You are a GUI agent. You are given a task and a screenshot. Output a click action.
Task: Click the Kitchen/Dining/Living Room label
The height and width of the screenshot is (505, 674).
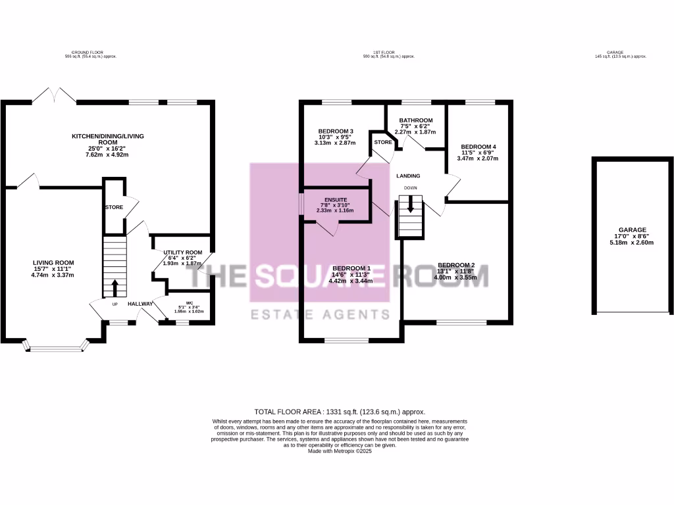(x=107, y=145)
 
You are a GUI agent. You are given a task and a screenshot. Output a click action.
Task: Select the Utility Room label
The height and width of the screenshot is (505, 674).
(x=183, y=258)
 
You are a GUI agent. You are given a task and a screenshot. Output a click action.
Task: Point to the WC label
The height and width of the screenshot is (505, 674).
(x=189, y=309)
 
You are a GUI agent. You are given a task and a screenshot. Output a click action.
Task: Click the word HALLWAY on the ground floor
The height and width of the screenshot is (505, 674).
(x=140, y=304)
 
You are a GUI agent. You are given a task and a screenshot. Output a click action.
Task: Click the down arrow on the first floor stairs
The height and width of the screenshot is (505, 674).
(x=411, y=204)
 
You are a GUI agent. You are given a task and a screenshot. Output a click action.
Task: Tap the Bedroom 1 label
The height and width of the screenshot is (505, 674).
(x=351, y=274)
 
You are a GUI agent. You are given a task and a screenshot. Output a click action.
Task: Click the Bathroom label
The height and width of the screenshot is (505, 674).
(x=415, y=126)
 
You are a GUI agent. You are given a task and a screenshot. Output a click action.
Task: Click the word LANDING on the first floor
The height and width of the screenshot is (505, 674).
(x=408, y=176)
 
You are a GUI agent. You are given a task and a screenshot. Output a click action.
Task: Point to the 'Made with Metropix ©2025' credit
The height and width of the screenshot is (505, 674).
(x=339, y=451)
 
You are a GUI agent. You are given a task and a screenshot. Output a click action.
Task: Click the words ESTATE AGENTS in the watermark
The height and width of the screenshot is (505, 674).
(x=321, y=314)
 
